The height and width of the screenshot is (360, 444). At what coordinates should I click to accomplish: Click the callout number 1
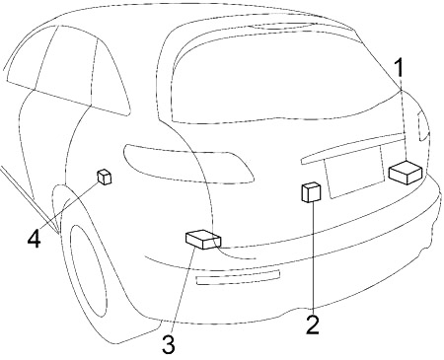pyautogui.click(x=400, y=67)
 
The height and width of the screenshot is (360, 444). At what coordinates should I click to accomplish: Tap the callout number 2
pyautogui.click(x=313, y=324)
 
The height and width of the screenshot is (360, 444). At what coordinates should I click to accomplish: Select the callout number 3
pyautogui.click(x=169, y=344)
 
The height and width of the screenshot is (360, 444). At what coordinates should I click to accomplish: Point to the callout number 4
pyautogui.click(x=35, y=239)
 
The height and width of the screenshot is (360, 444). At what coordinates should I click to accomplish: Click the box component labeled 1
pyautogui.click(x=406, y=173)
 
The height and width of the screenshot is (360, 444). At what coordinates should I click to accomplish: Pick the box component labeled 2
pyautogui.click(x=311, y=192)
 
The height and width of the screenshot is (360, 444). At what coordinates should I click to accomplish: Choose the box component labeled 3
pyautogui.click(x=203, y=240)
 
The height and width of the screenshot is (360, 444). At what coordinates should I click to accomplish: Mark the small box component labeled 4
pyautogui.click(x=105, y=177)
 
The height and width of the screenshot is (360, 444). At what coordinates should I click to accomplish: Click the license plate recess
pyautogui.click(x=354, y=173)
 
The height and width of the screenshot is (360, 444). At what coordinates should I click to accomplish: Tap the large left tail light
pyautogui.click(x=188, y=164)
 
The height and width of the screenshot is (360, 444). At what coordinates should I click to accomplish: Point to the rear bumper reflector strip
pyautogui.click(x=238, y=277)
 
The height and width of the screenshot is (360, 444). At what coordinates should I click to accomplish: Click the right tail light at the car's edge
pyautogui.click(x=423, y=126)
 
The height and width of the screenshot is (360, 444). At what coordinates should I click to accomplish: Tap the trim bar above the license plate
pyautogui.click(x=352, y=147)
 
